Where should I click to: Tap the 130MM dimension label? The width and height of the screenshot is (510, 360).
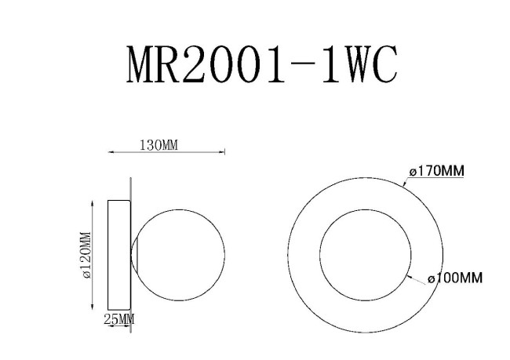(x=159, y=144)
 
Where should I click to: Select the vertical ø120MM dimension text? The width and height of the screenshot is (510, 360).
(x=86, y=255)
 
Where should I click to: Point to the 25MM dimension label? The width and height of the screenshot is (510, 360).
(x=120, y=319)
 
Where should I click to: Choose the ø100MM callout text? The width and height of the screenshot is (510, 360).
(x=454, y=278)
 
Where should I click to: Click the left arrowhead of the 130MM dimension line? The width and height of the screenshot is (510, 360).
(x=110, y=152)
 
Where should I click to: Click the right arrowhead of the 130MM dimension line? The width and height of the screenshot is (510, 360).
(x=223, y=152)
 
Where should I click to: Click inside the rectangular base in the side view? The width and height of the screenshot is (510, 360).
(x=118, y=255)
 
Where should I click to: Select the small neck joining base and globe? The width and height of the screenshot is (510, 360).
(x=135, y=255)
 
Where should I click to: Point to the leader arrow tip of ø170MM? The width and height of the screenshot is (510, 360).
(x=403, y=185)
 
